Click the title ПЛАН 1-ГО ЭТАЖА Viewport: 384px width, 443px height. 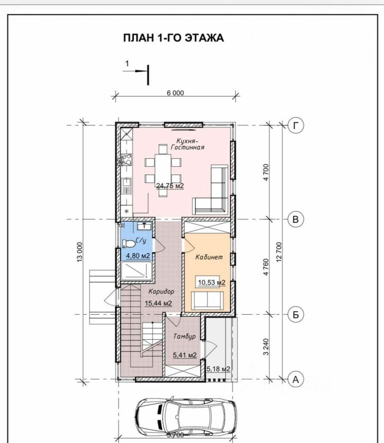[x=173, y=38]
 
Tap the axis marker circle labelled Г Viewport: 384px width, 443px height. [x=296, y=125]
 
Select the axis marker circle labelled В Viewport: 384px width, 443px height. [x=296, y=219]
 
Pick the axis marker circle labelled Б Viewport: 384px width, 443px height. [x=296, y=315]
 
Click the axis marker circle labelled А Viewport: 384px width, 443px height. [x=296, y=380]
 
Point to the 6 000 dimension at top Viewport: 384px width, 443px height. [x=175, y=93]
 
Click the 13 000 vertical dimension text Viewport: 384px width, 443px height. [x=79, y=252]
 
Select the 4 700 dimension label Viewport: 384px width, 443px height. [x=266, y=172]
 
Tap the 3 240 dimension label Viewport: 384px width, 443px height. [x=266, y=347]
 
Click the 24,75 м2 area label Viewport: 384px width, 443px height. [x=170, y=186]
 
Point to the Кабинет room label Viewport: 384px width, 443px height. [x=209, y=257]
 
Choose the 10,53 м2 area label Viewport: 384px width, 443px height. [x=211, y=282]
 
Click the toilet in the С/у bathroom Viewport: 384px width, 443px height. [x=129, y=243]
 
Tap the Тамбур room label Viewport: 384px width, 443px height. [x=184, y=337]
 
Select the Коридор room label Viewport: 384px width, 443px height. [x=161, y=291]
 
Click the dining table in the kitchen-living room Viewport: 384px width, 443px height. [x=162, y=171]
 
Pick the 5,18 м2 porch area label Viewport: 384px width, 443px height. [x=218, y=369]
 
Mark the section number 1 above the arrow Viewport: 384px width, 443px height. [x=127, y=63]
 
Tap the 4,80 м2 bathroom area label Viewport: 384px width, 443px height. [x=138, y=256]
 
